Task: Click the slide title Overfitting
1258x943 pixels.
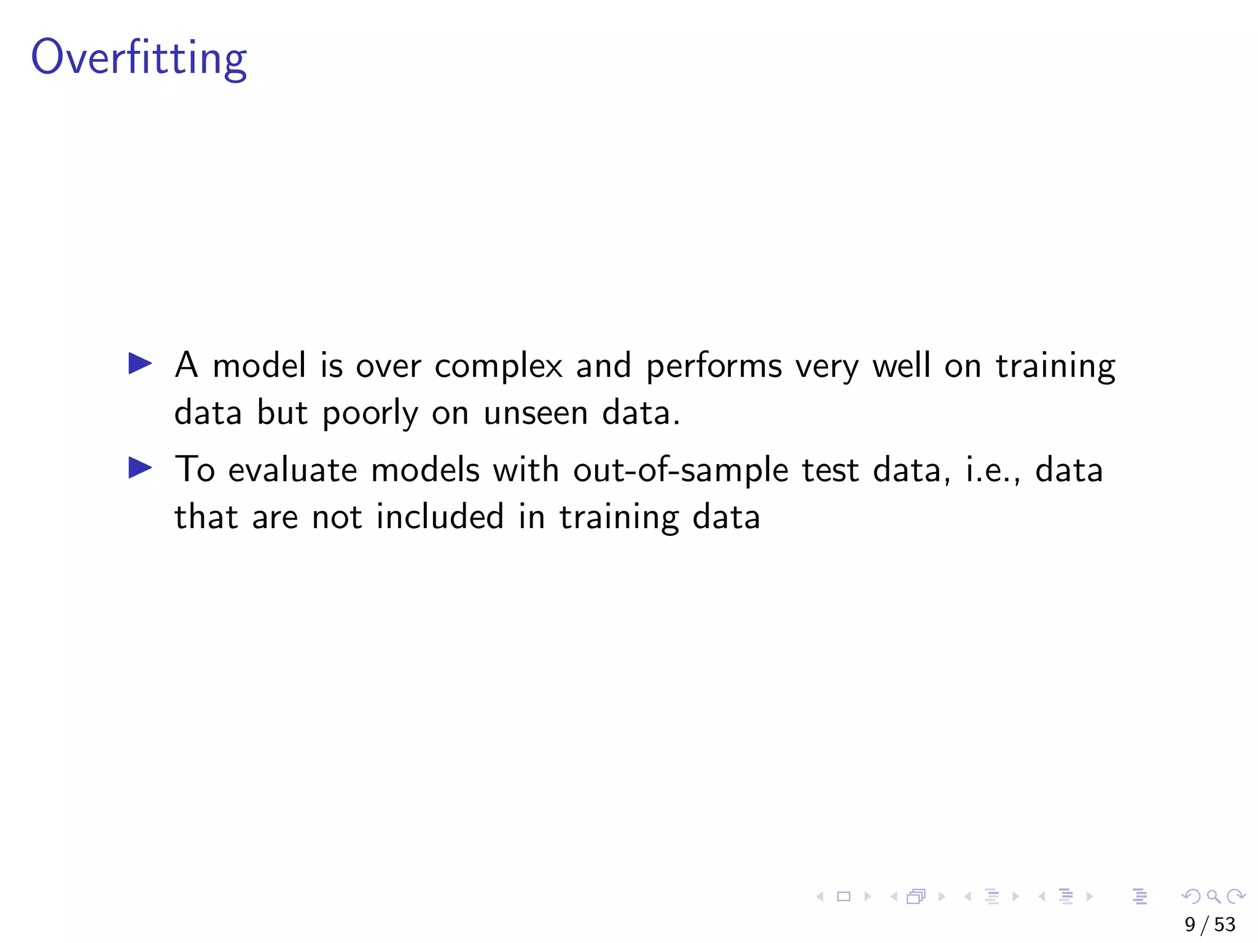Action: tap(139, 58)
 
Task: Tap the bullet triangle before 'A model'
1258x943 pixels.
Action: tap(139, 363)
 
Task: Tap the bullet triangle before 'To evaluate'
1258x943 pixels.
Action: tap(139, 468)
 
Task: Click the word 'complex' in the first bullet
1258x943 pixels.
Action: tap(498, 367)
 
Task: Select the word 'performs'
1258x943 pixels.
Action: tap(714, 367)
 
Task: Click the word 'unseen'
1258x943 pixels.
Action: tap(536, 413)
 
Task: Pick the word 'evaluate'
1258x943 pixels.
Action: tap(292, 471)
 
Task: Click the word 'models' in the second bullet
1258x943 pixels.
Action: tap(425, 471)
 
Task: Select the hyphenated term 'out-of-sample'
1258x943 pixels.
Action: tap(681, 471)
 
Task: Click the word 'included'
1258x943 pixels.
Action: tap(440, 517)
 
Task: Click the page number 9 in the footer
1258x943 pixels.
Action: tap(1190, 924)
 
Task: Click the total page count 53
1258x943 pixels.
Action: tap(1225, 924)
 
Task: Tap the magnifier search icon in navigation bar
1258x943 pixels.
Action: tap(1213, 896)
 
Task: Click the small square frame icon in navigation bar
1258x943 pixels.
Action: tap(844, 896)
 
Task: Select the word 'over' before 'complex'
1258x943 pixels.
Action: tap(388, 367)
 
